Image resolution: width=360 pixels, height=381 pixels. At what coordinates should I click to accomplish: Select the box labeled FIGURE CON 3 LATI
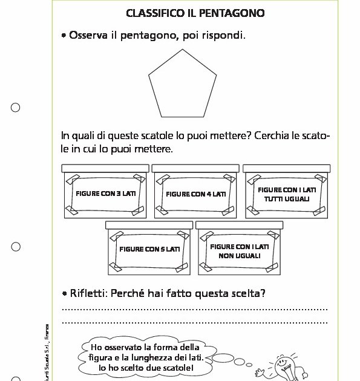click(x=105, y=194)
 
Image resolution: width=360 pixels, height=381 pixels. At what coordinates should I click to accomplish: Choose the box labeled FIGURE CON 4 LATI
click(x=195, y=194)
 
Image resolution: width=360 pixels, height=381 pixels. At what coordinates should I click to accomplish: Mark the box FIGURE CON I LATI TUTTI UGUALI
click(x=287, y=194)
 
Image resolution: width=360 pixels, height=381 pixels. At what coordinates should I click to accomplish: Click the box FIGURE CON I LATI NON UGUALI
click(x=240, y=250)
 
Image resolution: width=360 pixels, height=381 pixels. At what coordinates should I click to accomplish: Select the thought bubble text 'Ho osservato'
click(x=118, y=347)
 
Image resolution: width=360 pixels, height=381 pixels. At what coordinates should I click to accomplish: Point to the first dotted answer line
click(x=194, y=309)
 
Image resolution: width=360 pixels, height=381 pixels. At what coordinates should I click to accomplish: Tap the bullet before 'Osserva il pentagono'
click(x=64, y=36)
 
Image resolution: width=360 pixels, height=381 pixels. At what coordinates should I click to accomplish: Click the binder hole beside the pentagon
click(x=16, y=108)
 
